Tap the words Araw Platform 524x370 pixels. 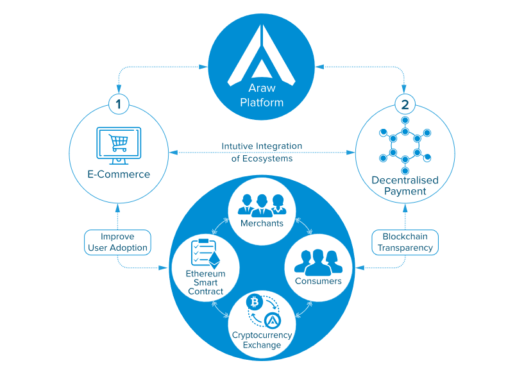coord(261,96)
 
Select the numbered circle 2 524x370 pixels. coord(405,102)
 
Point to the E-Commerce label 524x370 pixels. coord(119,174)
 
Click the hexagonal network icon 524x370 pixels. coord(405,146)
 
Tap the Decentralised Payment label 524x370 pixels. coord(405,185)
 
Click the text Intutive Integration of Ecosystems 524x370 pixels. coord(261,152)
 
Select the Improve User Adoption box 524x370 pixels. coord(117,242)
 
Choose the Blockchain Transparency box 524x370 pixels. coord(405,242)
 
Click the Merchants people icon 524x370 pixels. coord(261,204)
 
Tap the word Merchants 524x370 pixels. coord(261,223)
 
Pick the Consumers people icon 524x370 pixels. coord(318,262)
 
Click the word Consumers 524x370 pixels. coord(318,281)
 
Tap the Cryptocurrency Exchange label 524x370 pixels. coord(261,340)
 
